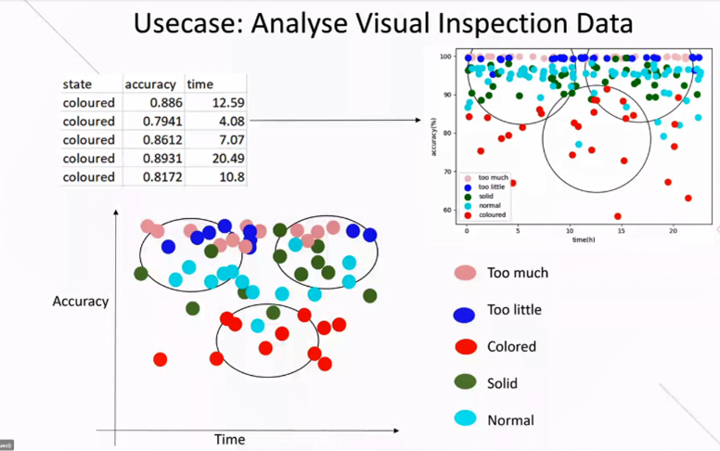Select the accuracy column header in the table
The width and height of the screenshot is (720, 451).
pos(150,84)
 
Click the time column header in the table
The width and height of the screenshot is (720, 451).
pos(200,84)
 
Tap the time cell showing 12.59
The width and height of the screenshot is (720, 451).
pos(228,102)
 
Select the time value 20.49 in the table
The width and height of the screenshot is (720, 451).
pos(228,158)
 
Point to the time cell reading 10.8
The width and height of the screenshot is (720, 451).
pos(232,176)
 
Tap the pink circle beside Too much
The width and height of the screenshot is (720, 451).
pos(465,273)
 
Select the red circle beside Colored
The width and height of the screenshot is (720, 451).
pos(465,346)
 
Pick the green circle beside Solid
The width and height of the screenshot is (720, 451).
pos(465,382)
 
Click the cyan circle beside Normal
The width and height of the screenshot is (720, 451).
pos(465,419)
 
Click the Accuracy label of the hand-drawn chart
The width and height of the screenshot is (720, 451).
pos(81,301)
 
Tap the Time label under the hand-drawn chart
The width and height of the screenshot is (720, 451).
pos(229,439)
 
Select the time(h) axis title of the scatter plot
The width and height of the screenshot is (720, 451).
pos(580,240)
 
